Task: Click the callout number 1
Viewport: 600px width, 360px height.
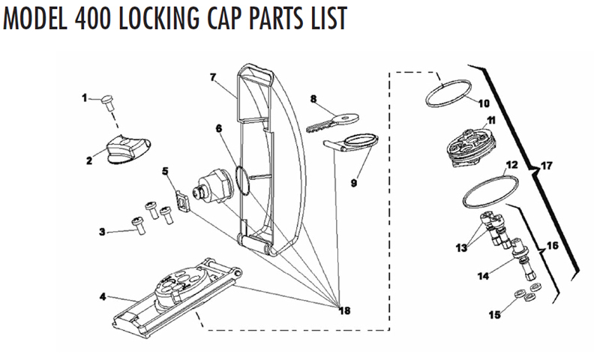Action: coord(85,97)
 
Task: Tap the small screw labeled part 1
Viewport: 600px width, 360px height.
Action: coord(107,98)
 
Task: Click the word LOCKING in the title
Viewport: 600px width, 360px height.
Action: coord(157,19)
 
